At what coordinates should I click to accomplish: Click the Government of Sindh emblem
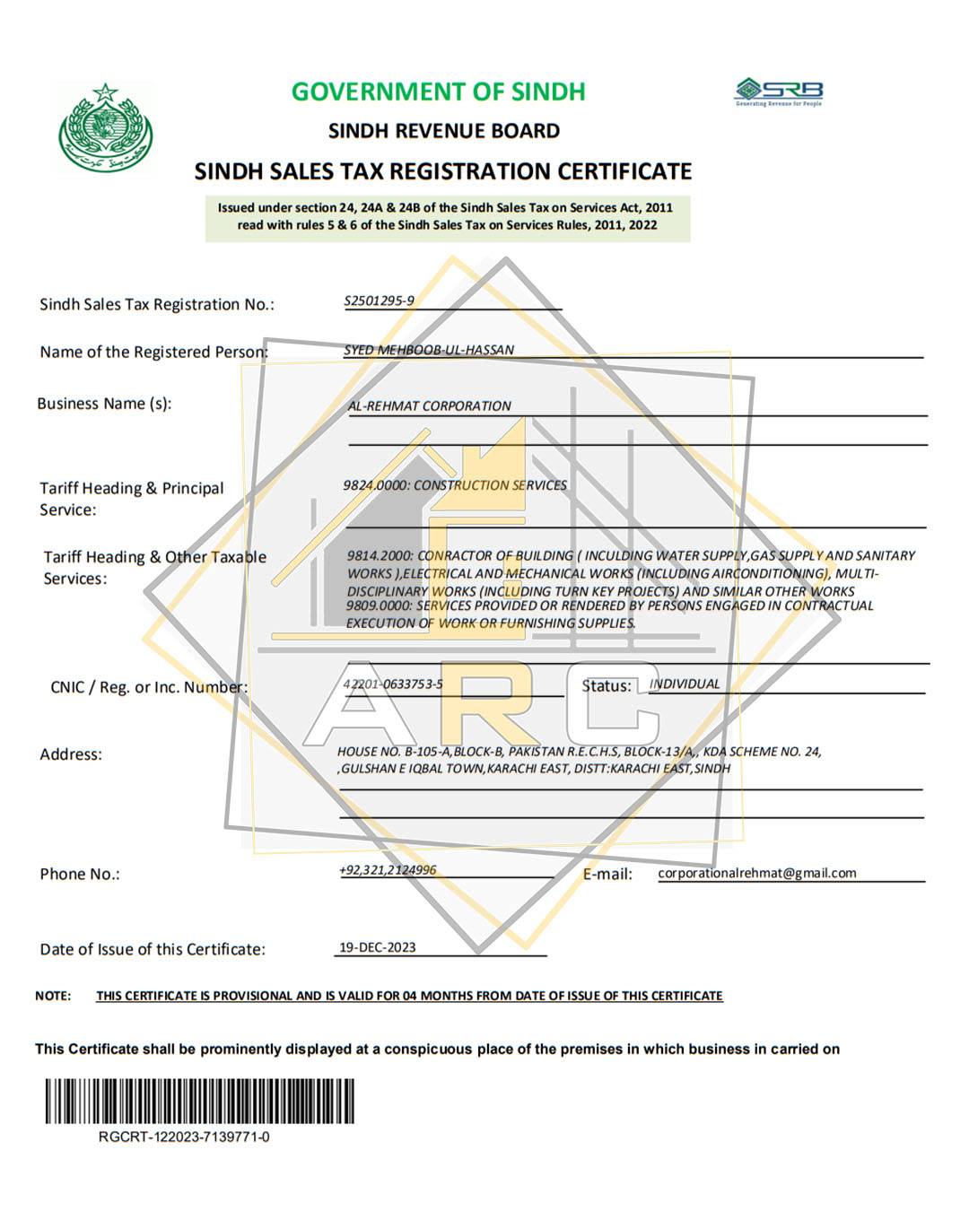click(x=106, y=128)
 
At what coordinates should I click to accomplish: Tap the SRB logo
click(x=779, y=91)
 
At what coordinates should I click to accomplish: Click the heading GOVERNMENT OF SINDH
click(x=438, y=91)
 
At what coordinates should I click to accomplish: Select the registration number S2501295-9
click(x=379, y=301)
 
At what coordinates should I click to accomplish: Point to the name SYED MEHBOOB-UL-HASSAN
click(x=429, y=350)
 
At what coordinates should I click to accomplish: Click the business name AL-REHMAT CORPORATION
click(x=429, y=405)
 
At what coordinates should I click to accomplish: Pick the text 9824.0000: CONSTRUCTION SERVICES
click(x=455, y=485)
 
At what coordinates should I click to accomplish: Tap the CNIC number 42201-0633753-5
click(x=393, y=684)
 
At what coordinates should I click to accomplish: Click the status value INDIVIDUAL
click(x=685, y=684)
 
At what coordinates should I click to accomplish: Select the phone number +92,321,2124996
click(x=388, y=869)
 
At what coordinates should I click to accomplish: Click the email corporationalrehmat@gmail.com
click(x=756, y=873)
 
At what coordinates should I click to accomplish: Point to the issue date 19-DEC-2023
click(x=377, y=947)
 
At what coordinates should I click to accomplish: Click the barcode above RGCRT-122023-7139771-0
click(x=199, y=1101)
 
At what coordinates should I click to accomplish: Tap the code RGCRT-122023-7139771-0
click(x=184, y=1137)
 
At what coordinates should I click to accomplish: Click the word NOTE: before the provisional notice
click(x=53, y=996)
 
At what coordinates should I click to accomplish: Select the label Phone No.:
click(x=80, y=874)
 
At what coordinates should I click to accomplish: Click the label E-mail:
click(x=607, y=874)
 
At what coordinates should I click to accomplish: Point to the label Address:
click(x=71, y=754)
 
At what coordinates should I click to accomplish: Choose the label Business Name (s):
click(x=104, y=404)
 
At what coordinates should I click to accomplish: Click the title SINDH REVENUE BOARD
click(x=444, y=131)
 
